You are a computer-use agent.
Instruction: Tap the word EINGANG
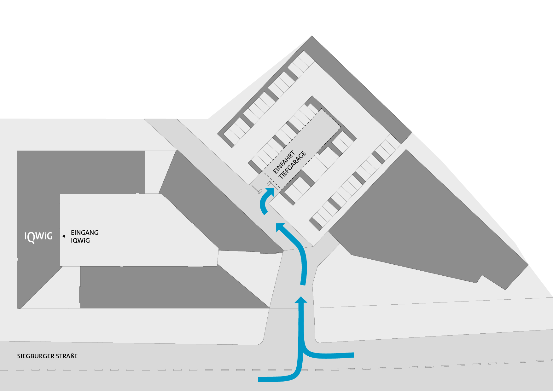(84, 233)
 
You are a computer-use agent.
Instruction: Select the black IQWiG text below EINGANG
(80, 240)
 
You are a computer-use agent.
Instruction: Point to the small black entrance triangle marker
(63, 236)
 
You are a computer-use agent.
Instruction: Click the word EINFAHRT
(284, 162)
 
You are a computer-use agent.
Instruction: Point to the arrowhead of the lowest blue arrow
(301, 300)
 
